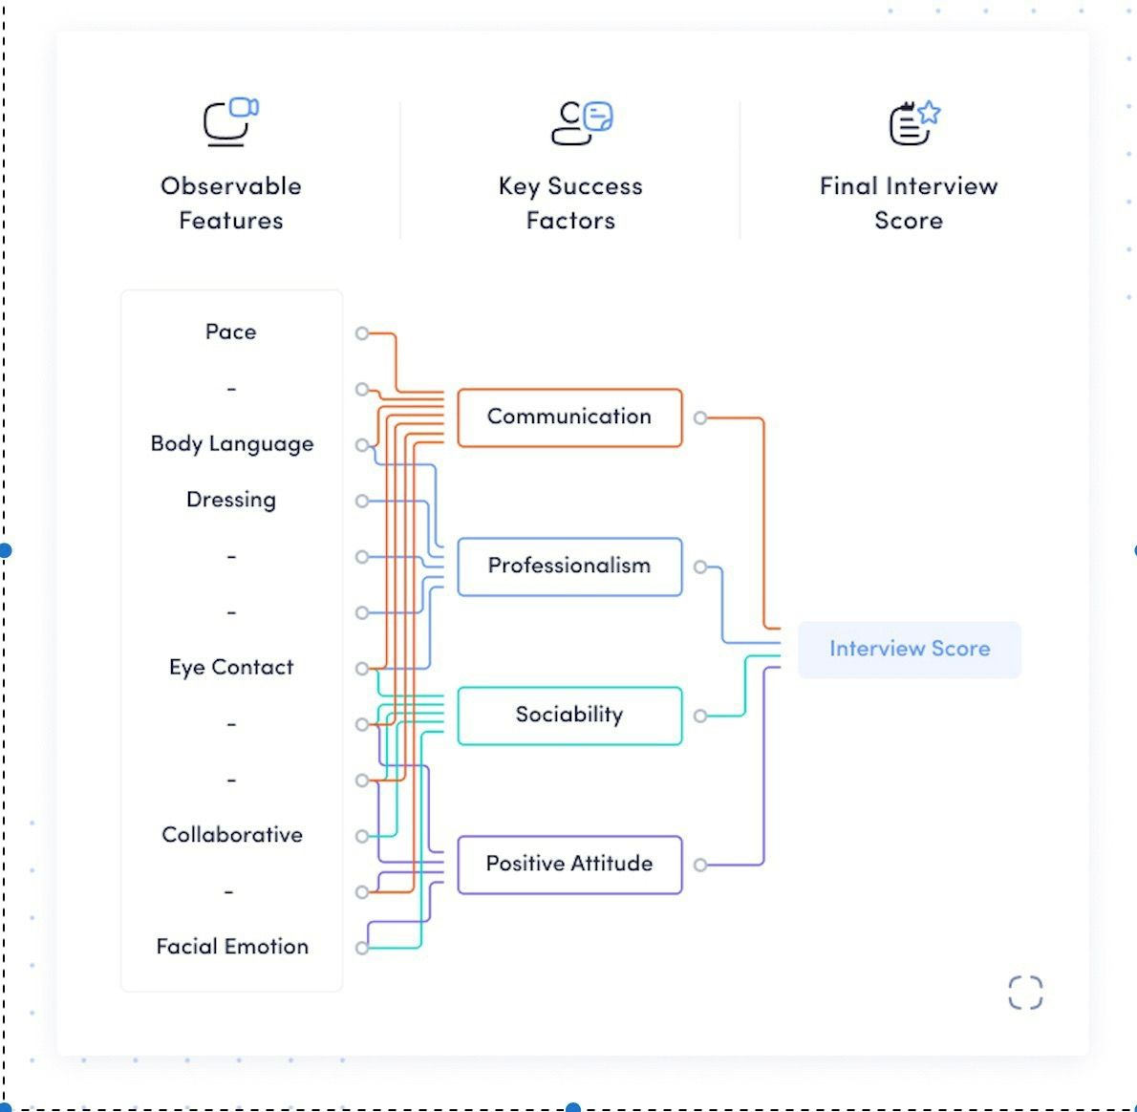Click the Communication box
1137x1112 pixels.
[x=569, y=417]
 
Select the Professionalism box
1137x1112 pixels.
[x=569, y=567]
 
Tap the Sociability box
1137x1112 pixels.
[x=569, y=716]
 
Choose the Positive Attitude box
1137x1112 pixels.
[x=569, y=865]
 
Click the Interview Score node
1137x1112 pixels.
[x=909, y=650]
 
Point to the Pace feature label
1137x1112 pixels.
[x=231, y=332]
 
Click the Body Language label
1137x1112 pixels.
[x=232, y=444]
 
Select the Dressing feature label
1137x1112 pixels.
[x=231, y=500]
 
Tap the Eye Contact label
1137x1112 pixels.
[x=231, y=668]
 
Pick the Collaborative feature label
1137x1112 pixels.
[x=232, y=835]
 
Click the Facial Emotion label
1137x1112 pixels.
[x=232, y=947]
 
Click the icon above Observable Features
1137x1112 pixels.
[x=231, y=122]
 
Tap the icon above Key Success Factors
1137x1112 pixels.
[x=582, y=122]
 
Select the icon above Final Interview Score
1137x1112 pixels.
[x=914, y=122]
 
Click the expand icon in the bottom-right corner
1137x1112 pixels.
[x=1025, y=992]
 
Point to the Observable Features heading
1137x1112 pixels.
[x=231, y=203]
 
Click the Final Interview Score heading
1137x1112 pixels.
[x=909, y=203]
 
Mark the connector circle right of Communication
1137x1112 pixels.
[x=700, y=418]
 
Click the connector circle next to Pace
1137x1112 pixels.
[x=362, y=333]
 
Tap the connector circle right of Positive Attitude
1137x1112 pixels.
[x=700, y=865]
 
